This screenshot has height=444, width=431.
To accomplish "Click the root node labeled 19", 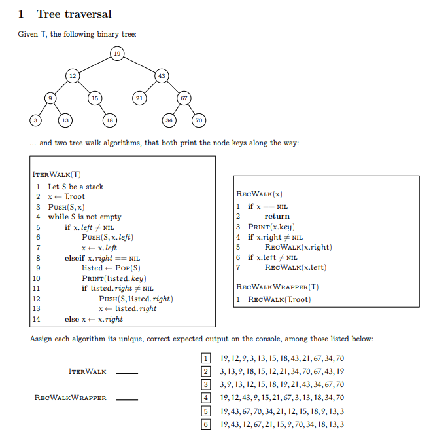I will point(116,53).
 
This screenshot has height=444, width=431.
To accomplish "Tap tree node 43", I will point(161,76).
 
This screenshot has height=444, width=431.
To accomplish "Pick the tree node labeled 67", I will point(184,98).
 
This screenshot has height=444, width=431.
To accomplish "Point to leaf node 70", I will point(199,120).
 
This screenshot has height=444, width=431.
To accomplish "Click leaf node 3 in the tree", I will point(35,120).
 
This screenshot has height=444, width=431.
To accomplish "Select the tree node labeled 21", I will point(139,98).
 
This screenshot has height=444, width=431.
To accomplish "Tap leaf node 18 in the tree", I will point(110,120).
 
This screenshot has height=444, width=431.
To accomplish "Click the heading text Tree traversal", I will point(74,14).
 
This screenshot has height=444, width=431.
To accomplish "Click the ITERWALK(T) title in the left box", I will point(57,174).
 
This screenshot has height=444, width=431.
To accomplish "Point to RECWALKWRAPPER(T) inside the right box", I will point(277,286).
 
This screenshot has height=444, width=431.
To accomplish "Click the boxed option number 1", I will point(206,358).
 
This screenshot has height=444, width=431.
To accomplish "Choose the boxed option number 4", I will point(206,398).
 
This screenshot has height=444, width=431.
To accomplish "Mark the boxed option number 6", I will point(206,424).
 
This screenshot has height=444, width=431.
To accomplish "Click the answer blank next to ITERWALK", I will point(127,373).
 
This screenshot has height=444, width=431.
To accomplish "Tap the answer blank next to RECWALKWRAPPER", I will point(127,399).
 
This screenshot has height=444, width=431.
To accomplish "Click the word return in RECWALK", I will point(277,216).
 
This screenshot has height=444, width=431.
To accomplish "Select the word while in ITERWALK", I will point(58,217).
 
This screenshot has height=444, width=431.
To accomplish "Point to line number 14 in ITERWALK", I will point(37,319).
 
